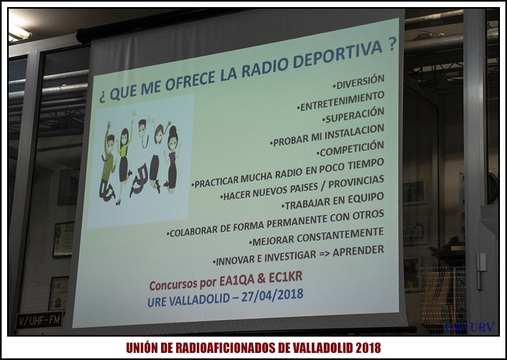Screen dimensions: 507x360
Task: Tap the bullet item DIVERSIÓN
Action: coord(358,82)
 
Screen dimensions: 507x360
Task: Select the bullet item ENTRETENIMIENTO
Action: coord(341,101)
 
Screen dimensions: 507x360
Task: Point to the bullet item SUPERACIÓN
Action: coord(353,115)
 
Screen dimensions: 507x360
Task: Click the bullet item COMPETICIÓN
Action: coord(350,148)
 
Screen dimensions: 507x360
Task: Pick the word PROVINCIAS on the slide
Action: coord(356,182)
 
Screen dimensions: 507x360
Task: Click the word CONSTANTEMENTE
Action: coord(341,235)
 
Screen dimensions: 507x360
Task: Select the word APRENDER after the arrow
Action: coord(358,251)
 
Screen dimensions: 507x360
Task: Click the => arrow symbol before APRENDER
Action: coord(323,253)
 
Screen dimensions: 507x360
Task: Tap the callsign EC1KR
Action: coord(286,277)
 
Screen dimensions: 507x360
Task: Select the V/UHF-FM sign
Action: coord(40,320)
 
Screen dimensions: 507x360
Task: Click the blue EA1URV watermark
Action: coord(469,327)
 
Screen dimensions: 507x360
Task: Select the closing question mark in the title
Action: coord(392,45)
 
